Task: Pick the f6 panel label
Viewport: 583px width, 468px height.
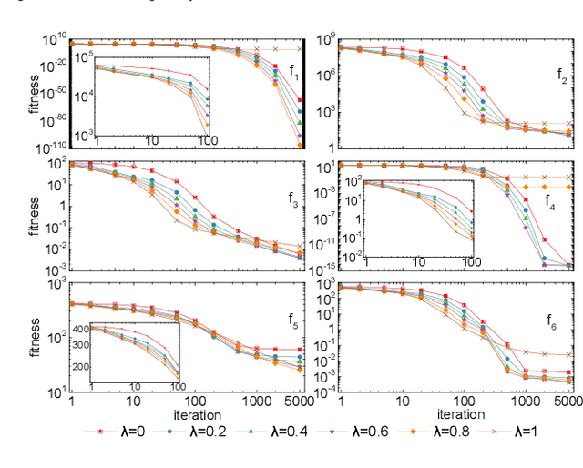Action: [551, 320]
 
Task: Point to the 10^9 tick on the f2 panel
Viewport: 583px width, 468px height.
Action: [325, 39]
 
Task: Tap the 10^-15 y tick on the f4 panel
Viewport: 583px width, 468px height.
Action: [323, 267]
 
